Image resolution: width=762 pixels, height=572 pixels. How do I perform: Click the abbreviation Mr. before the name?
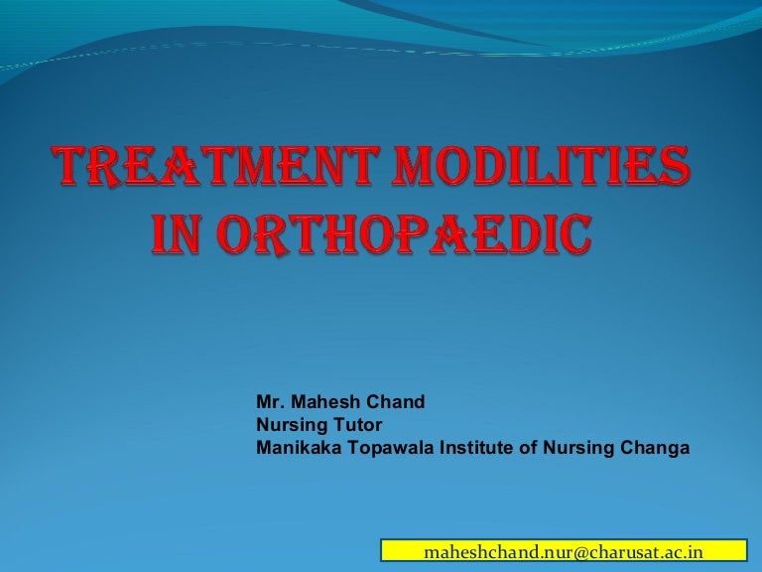(x=269, y=402)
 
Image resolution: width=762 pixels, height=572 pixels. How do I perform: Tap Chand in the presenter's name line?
(x=397, y=402)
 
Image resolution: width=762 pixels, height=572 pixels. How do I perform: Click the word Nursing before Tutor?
(x=288, y=425)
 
